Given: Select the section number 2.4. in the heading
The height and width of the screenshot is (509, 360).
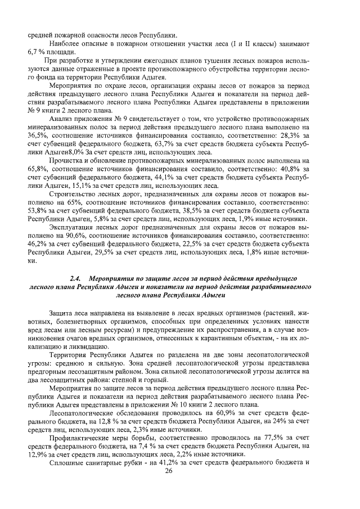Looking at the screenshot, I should tap(76, 278).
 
